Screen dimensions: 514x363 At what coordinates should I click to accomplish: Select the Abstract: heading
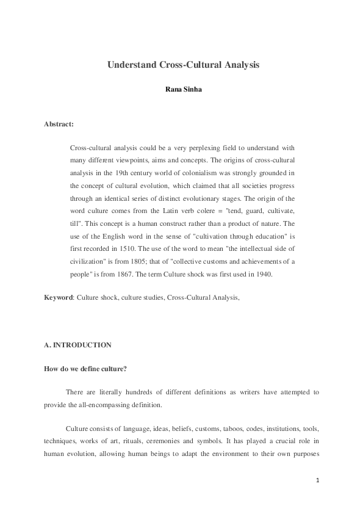click(59, 124)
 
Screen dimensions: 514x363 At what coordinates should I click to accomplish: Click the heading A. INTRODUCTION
click(77, 345)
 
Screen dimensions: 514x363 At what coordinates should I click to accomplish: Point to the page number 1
click(318, 480)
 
